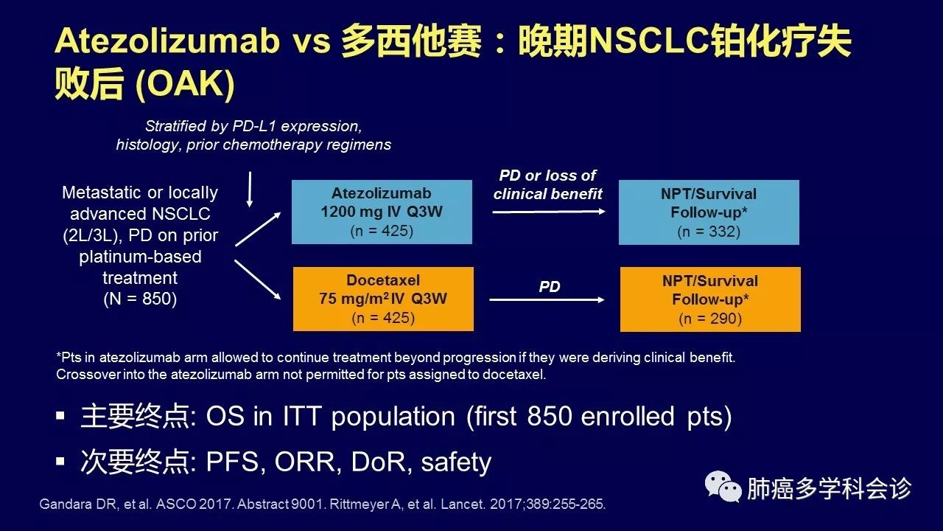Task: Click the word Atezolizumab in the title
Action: click(167, 41)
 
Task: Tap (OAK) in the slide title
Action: click(185, 84)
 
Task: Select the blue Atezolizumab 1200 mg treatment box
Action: click(382, 212)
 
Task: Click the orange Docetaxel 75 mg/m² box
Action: click(383, 299)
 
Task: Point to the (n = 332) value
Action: click(709, 232)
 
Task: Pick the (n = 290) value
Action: click(710, 318)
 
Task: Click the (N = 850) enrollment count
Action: click(140, 299)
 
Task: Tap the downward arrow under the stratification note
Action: click(250, 190)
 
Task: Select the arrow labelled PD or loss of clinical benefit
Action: click(549, 212)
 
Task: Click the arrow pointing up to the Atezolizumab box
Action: click(258, 229)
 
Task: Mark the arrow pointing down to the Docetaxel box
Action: click(258, 280)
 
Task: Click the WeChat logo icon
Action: click(723, 486)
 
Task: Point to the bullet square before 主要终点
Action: click(60, 416)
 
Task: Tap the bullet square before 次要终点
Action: click(60, 461)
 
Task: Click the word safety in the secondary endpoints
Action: click(456, 462)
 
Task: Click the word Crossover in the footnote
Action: click(88, 374)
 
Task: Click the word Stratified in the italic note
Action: click(175, 125)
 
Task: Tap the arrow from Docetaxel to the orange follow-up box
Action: click(547, 299)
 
